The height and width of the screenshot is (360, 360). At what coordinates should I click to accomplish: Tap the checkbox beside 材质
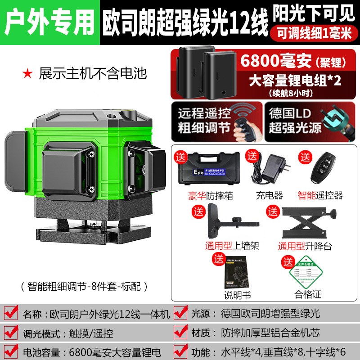coord(181,333)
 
